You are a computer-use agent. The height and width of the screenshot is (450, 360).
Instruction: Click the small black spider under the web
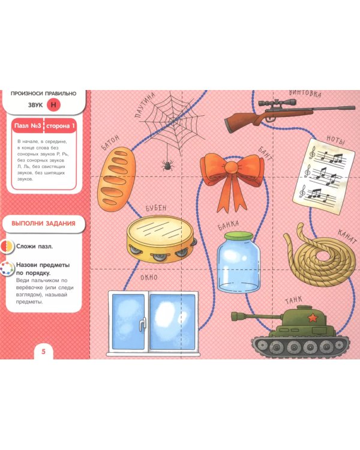pyautogui.click(x=167, y=166)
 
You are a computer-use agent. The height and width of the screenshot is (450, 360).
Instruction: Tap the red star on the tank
pyautogui.click(x=312, y=318)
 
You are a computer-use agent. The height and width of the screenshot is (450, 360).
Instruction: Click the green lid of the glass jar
pyautogui.click(x=239, y=236)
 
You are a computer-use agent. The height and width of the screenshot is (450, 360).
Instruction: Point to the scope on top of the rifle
pyautogui.click(x=277, y=103)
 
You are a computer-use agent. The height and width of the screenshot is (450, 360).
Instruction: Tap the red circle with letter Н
pyautogui.click(x=53, y=105)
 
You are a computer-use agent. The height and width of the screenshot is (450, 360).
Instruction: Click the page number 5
pyautogui.click(x=44, y=351)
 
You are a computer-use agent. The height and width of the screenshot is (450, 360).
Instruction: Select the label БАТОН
pyautogui.click(x=110, y=143)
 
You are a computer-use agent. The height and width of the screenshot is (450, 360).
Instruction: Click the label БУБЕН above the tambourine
pyautogui.click(x=156, y=208)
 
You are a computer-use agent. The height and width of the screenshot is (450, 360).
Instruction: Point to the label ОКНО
pyautogui.click(x=149, y=278)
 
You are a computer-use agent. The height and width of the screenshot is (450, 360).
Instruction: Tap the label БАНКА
pyautogui.click(x=229, y=225)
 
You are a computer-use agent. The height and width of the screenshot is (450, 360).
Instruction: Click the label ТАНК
pyautogui.click(x=293, y=301)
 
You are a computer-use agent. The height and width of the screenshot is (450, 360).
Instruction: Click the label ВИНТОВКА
pyautogui.click(x=305, y=93)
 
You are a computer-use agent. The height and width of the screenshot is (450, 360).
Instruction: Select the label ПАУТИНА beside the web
pyautogui.click(x=145, y=105)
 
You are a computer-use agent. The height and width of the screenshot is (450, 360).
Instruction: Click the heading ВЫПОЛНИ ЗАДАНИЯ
pyautogui.click(x=43, y=223)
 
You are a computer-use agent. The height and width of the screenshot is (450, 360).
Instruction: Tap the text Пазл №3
pyautogui.click(x=28, y=126)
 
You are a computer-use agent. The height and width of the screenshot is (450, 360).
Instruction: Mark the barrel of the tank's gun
pyautogui.click(x=256, y=316)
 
